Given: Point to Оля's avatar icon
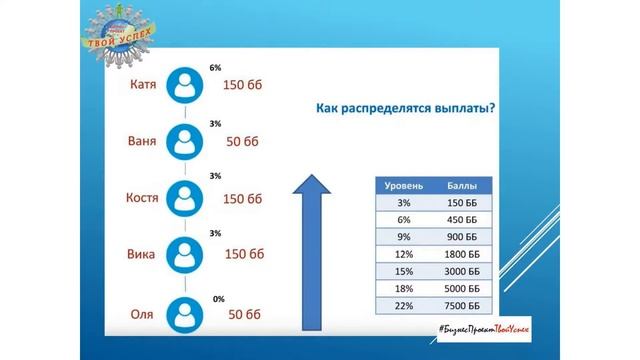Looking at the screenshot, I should (x=184, y=314).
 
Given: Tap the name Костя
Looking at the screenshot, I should (x=142, y=197).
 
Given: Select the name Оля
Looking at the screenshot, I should (x=142, y=314).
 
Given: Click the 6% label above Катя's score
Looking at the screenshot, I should (x=215, y=68).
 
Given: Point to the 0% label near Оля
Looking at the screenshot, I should (x=219, y=299).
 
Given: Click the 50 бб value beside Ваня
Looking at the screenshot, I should (x=243, y=142).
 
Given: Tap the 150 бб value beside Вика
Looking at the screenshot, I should (x=243, y=254).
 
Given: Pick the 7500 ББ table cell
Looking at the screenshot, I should (x=462, y=305).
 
